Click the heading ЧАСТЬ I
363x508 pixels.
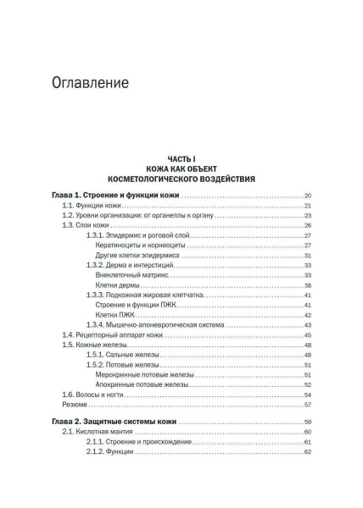click(181, 158)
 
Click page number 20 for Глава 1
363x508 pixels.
click(309, 195)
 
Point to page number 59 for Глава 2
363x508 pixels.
click(309, 422)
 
